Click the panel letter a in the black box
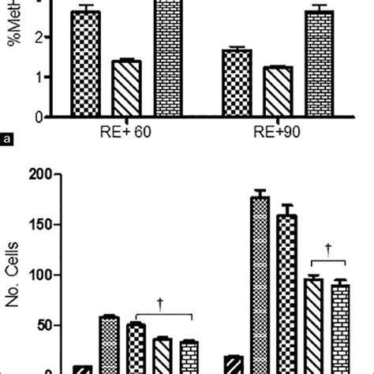click(x=7, y=141)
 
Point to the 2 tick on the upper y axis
click(x=38, y=38)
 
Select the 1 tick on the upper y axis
click(x=38, y=77)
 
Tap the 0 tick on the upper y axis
click(x=38, y=117)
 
